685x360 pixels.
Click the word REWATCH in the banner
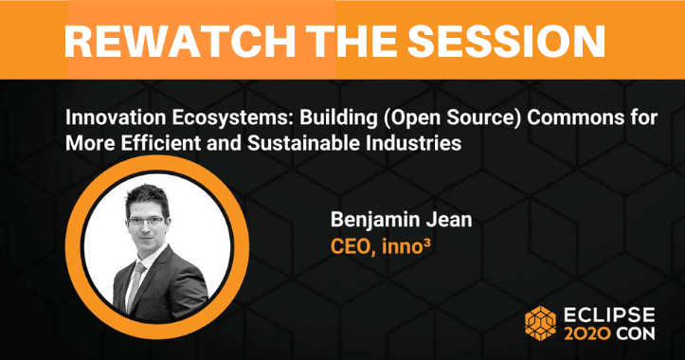click(180, 41)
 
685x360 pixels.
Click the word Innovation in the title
click(116, 118)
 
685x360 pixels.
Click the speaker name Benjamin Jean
click(401, 220)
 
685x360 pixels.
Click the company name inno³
click(406, 247)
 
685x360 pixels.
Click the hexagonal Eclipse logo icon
click(540, 323)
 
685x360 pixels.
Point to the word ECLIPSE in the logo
click(609, 315)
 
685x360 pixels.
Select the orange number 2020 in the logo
click(587, 333)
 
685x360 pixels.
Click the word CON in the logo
click(636, 333)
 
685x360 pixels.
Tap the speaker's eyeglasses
click(147, 222)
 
